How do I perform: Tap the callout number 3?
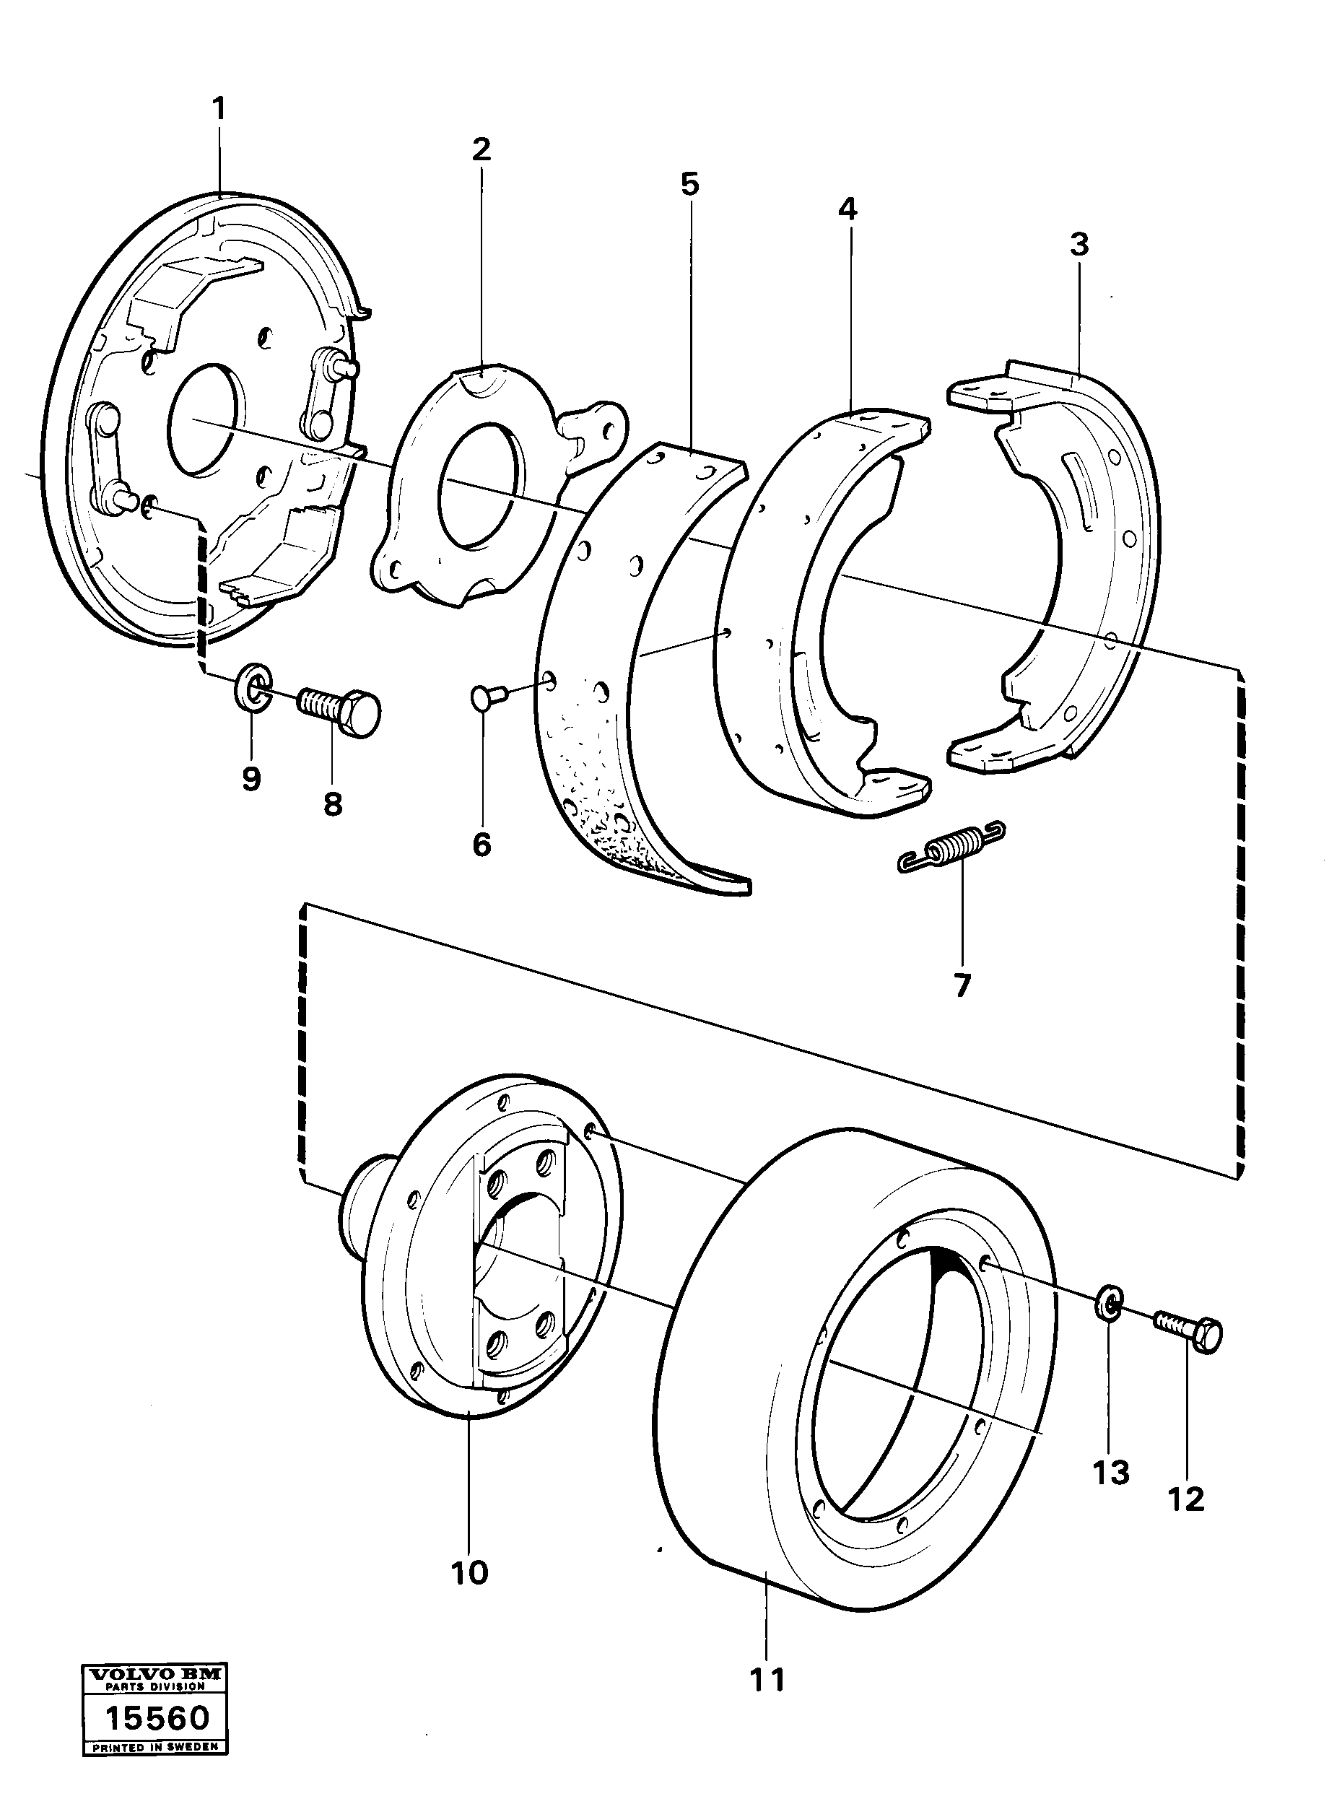click(1078, 244)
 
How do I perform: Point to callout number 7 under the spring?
click(961, 985)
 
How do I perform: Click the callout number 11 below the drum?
click(767, 1679)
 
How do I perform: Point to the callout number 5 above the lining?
click(689, 184)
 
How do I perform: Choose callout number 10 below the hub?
click(469, 1572)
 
